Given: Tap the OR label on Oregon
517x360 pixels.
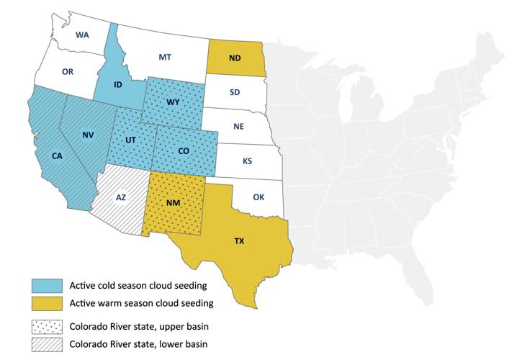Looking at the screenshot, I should [68, 71].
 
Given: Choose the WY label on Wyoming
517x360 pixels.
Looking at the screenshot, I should [173, 102].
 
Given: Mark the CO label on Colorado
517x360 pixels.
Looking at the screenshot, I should [184, 150].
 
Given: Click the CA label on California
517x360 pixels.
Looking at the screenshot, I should [56, 155].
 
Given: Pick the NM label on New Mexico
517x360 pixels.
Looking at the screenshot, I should [173, 204].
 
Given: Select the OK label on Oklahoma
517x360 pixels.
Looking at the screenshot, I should [259, 195].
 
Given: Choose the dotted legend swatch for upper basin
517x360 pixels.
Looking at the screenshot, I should [45, 325].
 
